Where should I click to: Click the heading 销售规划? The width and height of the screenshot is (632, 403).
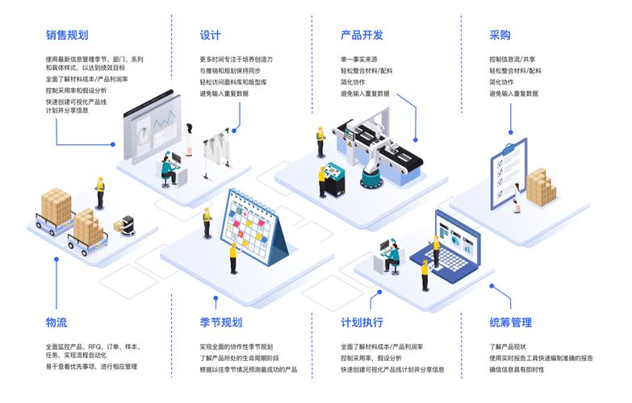[x=67, y=35]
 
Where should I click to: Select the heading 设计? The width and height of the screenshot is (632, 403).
[x=211, y=35]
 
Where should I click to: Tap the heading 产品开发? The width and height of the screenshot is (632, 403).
[x=362, y=35]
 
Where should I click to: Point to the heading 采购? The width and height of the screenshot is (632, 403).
[x=500, y=35]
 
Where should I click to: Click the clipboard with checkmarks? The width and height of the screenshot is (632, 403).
[x=508, y=172]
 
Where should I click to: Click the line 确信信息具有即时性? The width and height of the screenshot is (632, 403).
[x=517, y=369]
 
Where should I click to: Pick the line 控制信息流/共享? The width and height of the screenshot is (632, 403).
[x=512, y=59]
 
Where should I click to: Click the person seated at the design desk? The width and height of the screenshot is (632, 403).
[x=169, y=168]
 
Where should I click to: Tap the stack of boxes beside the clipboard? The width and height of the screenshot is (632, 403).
[x=541, y=187]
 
